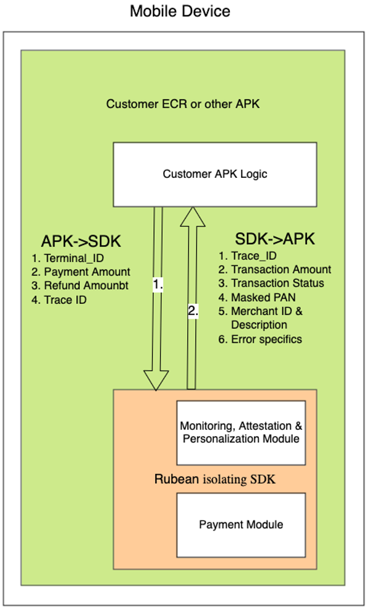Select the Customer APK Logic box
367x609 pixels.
point(214,174)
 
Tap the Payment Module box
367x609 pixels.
point(241,524)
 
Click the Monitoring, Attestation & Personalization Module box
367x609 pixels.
point(241,432)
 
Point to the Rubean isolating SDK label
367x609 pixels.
point(215,479)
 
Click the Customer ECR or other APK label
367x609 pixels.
point(183,104)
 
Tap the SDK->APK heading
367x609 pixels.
point(275,239)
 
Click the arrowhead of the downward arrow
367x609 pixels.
point(157,379)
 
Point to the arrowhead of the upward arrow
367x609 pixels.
point(192,217)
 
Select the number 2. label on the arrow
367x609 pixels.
point(193,312)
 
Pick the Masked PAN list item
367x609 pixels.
point(256,297)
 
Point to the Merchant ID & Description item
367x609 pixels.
point(261,317)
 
